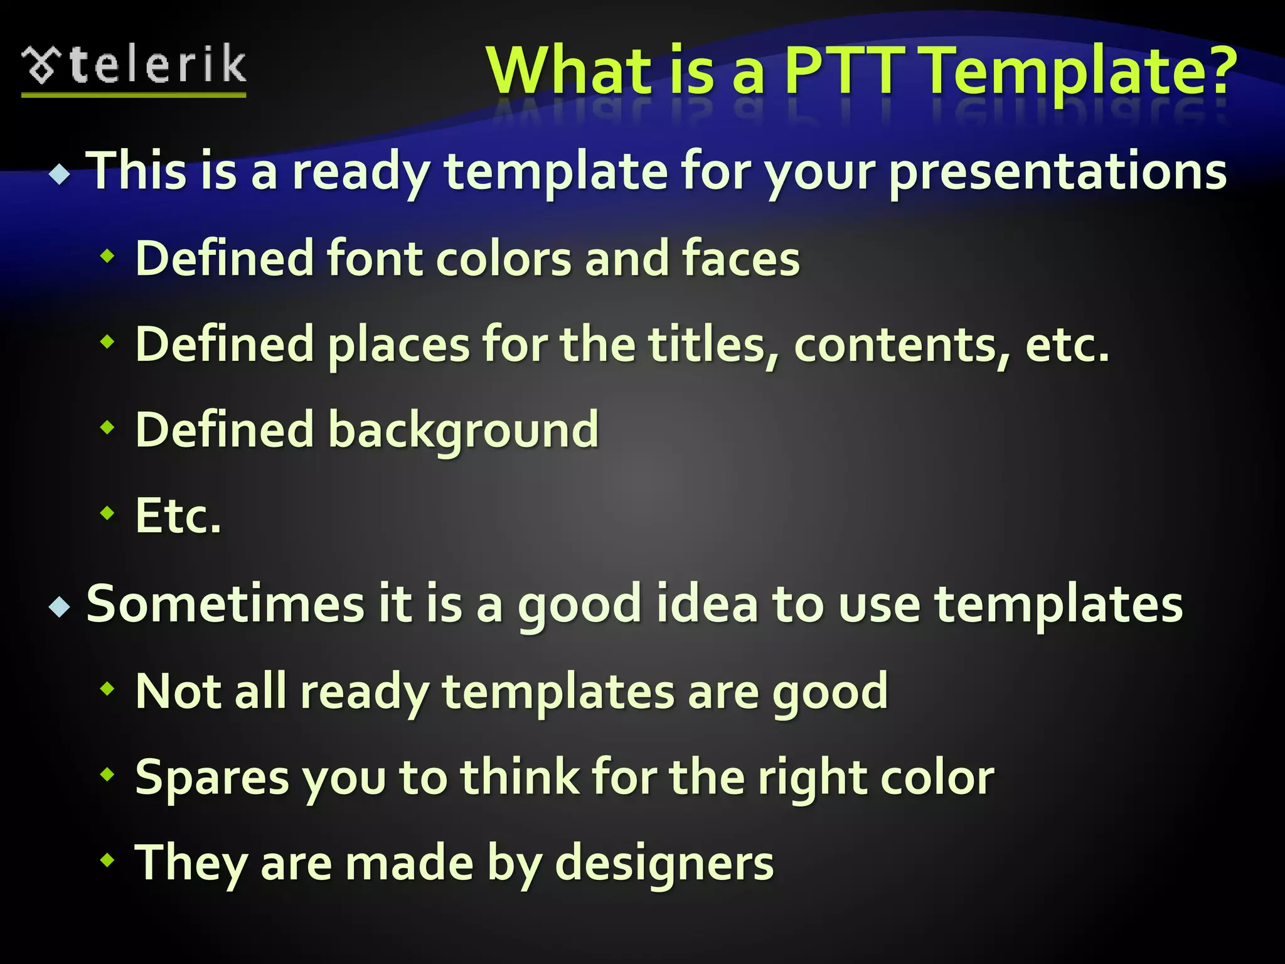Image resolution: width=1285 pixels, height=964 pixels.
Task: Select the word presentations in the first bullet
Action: (x=1058, y=173)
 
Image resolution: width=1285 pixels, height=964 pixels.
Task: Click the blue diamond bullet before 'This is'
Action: (x=60, y=174)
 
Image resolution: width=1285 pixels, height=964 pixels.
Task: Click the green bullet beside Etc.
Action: (x=108, y=513)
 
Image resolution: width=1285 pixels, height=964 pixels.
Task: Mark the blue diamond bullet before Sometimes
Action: (x=60, y=607)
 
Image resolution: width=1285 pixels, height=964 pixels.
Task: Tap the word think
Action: (x=520, y=777)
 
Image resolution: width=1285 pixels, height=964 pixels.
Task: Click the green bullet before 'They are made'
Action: (x=108, y=860)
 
